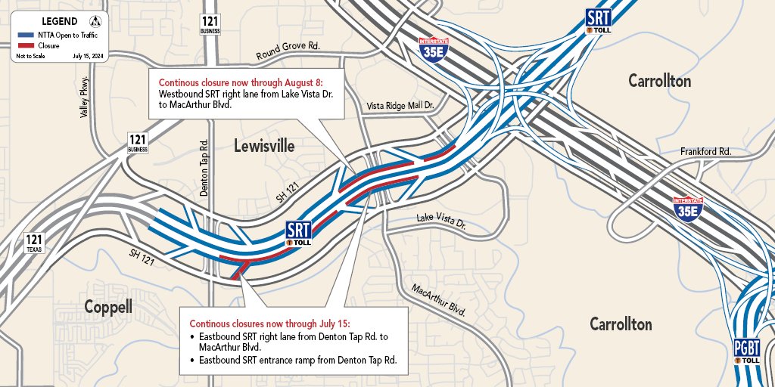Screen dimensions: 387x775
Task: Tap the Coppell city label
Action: pos(107,307)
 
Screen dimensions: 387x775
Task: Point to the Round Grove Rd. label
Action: pos(288,51)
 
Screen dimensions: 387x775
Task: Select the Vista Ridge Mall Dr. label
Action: pos(399,107)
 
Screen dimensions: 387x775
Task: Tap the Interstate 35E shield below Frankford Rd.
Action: pos(688,209)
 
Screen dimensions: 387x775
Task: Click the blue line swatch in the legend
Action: pos(25,35)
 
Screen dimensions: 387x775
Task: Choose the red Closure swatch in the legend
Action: pos(25,46)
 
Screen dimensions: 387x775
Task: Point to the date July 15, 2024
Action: pos(89,57)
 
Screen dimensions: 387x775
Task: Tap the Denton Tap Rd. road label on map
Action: pos(204,168)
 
